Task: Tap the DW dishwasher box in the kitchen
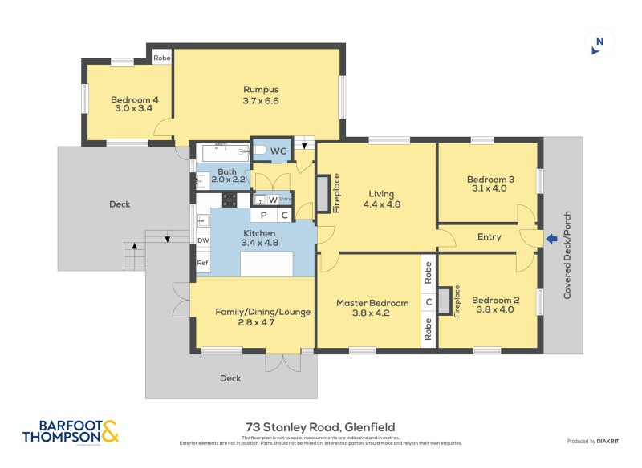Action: (203, 240)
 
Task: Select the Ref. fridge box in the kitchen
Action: (203, 263)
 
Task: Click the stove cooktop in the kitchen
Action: (230, 200)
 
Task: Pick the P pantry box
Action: (262, 216)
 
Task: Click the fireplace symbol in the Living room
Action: (323, 193)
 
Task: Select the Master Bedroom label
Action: (372, 303)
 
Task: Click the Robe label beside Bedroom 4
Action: (162, 58)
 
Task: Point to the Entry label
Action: (489, 236)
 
